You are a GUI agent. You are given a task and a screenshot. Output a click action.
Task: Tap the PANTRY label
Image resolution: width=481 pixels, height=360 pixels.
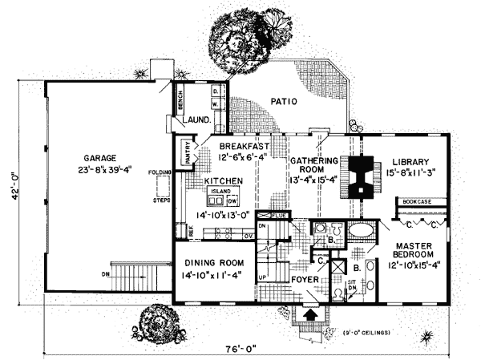pyautogui.click(x=188, y=153)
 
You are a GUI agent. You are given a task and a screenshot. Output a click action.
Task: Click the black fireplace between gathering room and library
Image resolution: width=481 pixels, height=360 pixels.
pyautogui.click(x=362, y=175)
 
